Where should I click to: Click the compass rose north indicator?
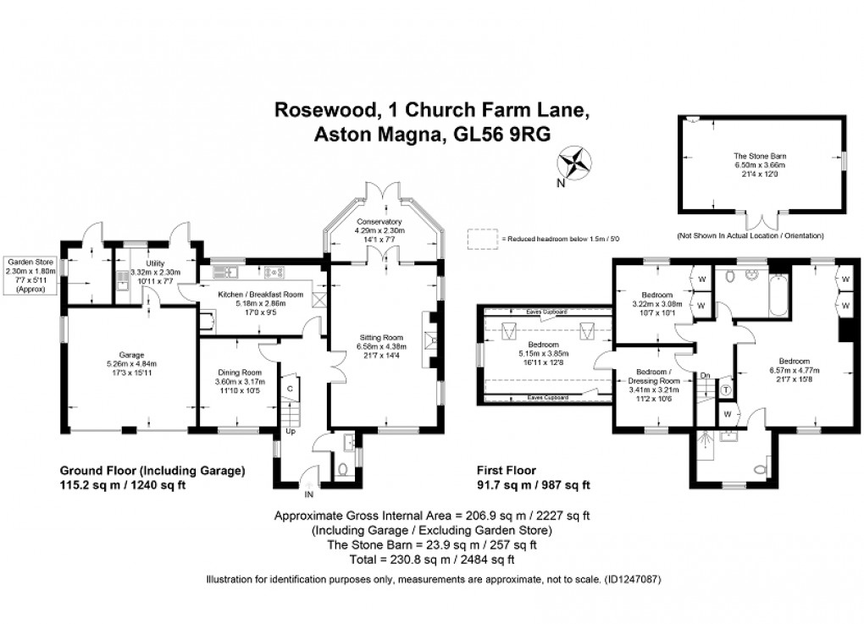click(x=573, y=163)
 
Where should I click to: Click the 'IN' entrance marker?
click(x=309, y=494)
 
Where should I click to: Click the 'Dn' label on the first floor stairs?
click(x=704, y=374)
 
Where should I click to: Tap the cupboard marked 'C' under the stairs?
click(x=290, y=389)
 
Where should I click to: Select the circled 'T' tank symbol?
click(x=727, y=389)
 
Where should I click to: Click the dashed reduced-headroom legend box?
click(x=484, y=240)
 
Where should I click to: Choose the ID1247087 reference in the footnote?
click(x=629, y=579)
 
